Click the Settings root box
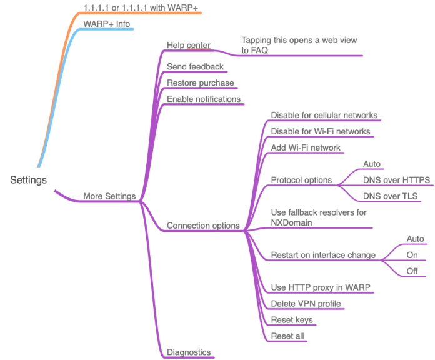coord(28,179)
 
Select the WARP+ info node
coord(107,24)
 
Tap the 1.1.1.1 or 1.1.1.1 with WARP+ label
coord(141,7)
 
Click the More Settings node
coord(109,196)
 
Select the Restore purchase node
coord(201,82)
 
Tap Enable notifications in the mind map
coord(204,99)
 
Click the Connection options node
coord(203,226)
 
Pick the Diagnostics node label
coord(189,352)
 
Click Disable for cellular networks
coord(323,115)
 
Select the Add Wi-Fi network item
coord(306,147)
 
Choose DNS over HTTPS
coord(396,180)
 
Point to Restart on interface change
coord(322,255)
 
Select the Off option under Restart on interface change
coord(411,271)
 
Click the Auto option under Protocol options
coord(371,164)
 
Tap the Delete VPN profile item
coord(306,304)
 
